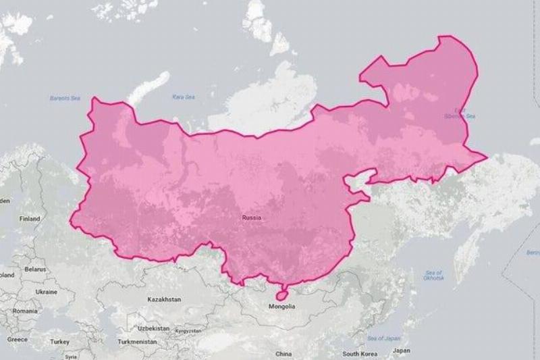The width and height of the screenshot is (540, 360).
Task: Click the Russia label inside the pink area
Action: coord(252,217)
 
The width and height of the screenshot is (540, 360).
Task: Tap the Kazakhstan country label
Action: coord(164,299)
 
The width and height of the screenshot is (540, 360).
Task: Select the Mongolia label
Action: coord(281,307)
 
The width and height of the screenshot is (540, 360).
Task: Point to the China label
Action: coord(283,354)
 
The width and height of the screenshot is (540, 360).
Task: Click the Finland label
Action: coord(30,219)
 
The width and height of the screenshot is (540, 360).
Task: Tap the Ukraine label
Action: coord(46,292)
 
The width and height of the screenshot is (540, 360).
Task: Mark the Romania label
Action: coord(24,311)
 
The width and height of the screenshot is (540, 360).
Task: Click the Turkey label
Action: coord(59,342)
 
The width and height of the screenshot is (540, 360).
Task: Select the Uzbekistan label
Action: coord(153,328)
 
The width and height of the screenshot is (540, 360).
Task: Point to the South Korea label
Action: coord(359,354)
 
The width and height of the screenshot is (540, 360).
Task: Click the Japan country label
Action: coord(401,351)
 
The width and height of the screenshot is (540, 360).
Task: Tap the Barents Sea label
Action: coord(65,99)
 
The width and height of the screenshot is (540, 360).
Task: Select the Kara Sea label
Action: coord(183,97)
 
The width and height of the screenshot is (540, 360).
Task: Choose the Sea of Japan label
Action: coord(383,338)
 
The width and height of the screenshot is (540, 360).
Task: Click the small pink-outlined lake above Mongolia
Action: coord(281,294)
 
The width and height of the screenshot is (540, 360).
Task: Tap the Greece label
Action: coord(18,339)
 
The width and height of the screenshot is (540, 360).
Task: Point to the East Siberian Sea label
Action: coord(464,113)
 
